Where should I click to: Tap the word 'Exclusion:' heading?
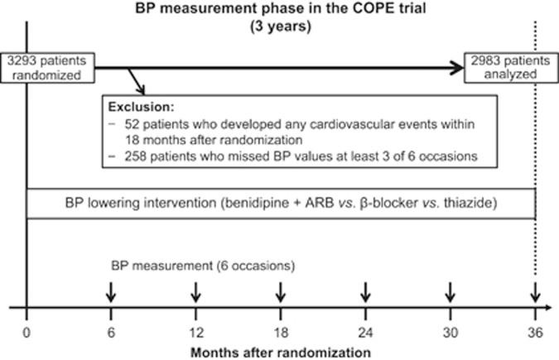137,108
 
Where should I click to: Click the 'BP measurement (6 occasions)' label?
203,266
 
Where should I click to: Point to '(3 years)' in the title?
279,25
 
